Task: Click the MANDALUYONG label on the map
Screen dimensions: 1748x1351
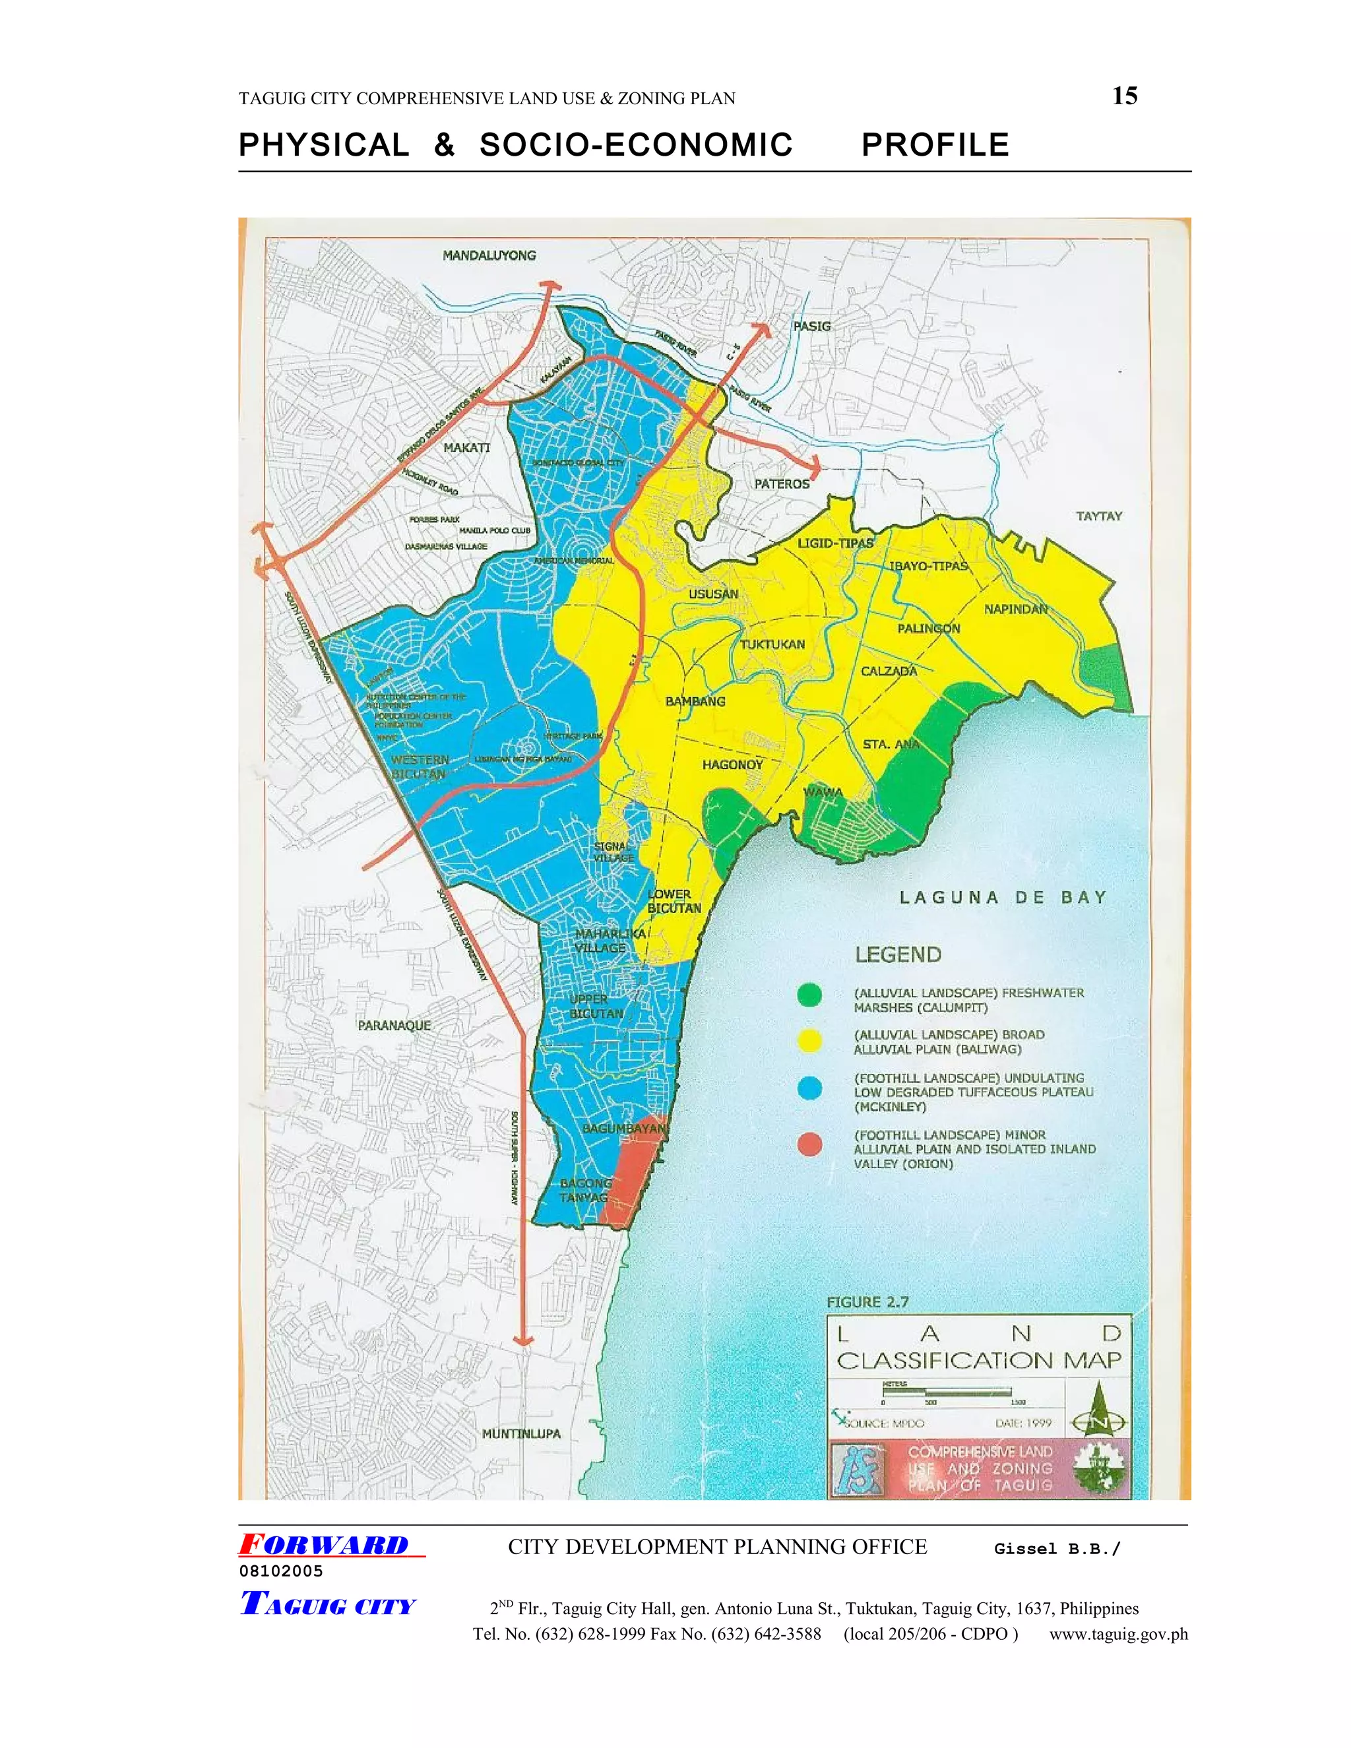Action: click(x=489, y=255)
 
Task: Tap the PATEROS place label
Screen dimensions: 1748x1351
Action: click(x=782, y=484)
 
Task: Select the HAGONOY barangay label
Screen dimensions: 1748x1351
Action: click(x=732, y=765)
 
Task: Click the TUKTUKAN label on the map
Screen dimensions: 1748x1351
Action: click(x=772, y=644)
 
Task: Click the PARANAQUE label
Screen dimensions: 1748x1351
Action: click(x=394, y=1025)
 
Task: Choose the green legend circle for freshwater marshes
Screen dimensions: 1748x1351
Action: click(x=810, y=995)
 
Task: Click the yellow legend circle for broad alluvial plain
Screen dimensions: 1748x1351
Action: click(x=810, y=1040)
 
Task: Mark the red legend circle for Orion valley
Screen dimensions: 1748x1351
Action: click(x=810, y=1144)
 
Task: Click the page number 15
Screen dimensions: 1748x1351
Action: click(x=1125, y=96)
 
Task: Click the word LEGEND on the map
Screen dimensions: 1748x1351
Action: click(x=898, y=955)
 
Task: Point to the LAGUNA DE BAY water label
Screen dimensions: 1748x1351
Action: click(x=1002, y=898)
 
